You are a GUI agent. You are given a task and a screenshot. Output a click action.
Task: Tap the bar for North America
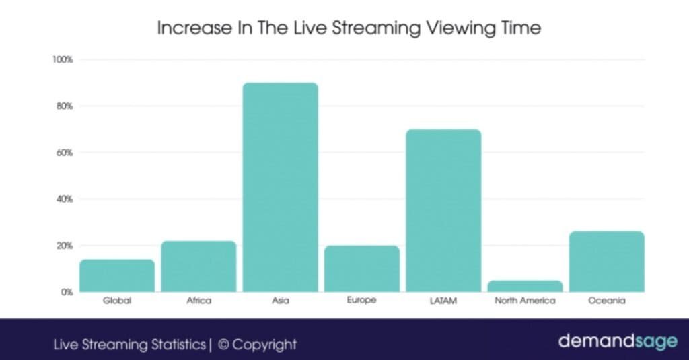525,286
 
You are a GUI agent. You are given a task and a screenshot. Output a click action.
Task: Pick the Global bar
117,276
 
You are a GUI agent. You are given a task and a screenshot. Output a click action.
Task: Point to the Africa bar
198,266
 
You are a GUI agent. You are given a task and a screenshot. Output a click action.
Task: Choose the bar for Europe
362,268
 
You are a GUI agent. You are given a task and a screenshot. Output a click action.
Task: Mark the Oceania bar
606,262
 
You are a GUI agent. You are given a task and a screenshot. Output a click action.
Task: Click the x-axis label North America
525,301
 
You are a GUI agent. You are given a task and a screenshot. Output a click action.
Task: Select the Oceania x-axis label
606,301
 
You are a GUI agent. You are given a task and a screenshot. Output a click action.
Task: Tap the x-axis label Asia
281,301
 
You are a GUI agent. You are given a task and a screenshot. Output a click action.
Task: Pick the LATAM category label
443,301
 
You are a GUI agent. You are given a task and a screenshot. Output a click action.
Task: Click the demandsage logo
617,341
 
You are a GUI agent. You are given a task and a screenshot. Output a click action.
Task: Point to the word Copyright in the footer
265,345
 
